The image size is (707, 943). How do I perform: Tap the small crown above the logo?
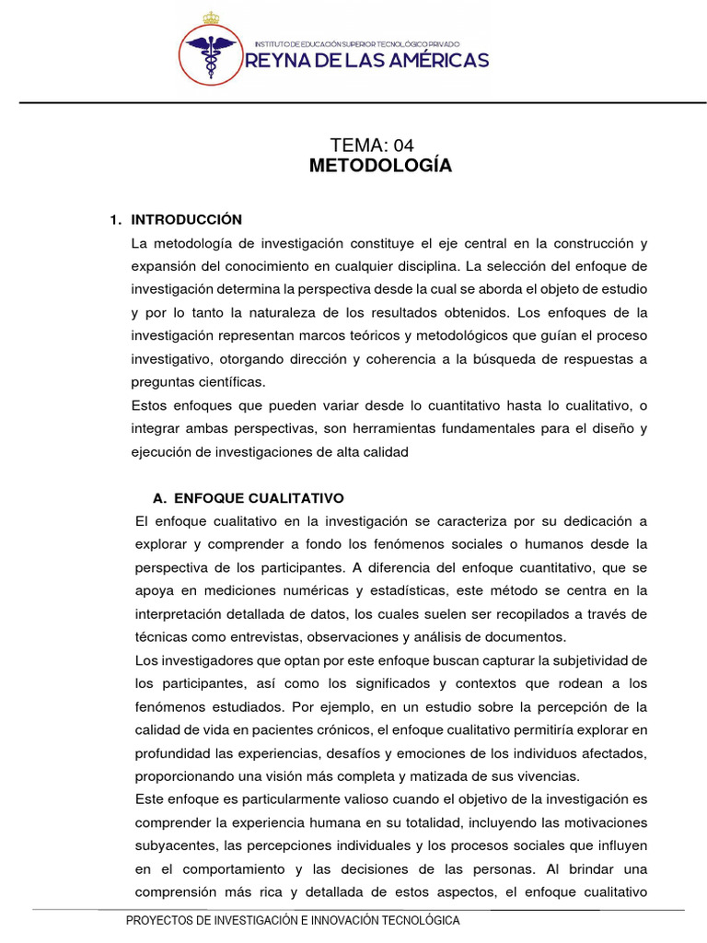pos(212,17)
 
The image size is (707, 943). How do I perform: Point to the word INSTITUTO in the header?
pos(272,43)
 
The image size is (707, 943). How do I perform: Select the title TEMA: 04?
pos(372,146)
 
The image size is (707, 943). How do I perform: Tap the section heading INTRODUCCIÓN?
pos(187,220)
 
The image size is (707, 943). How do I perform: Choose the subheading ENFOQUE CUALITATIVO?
pos(259,498)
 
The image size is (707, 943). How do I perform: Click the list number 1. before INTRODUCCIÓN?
pos(115,220)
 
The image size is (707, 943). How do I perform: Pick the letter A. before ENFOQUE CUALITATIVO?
pos(159,498)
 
